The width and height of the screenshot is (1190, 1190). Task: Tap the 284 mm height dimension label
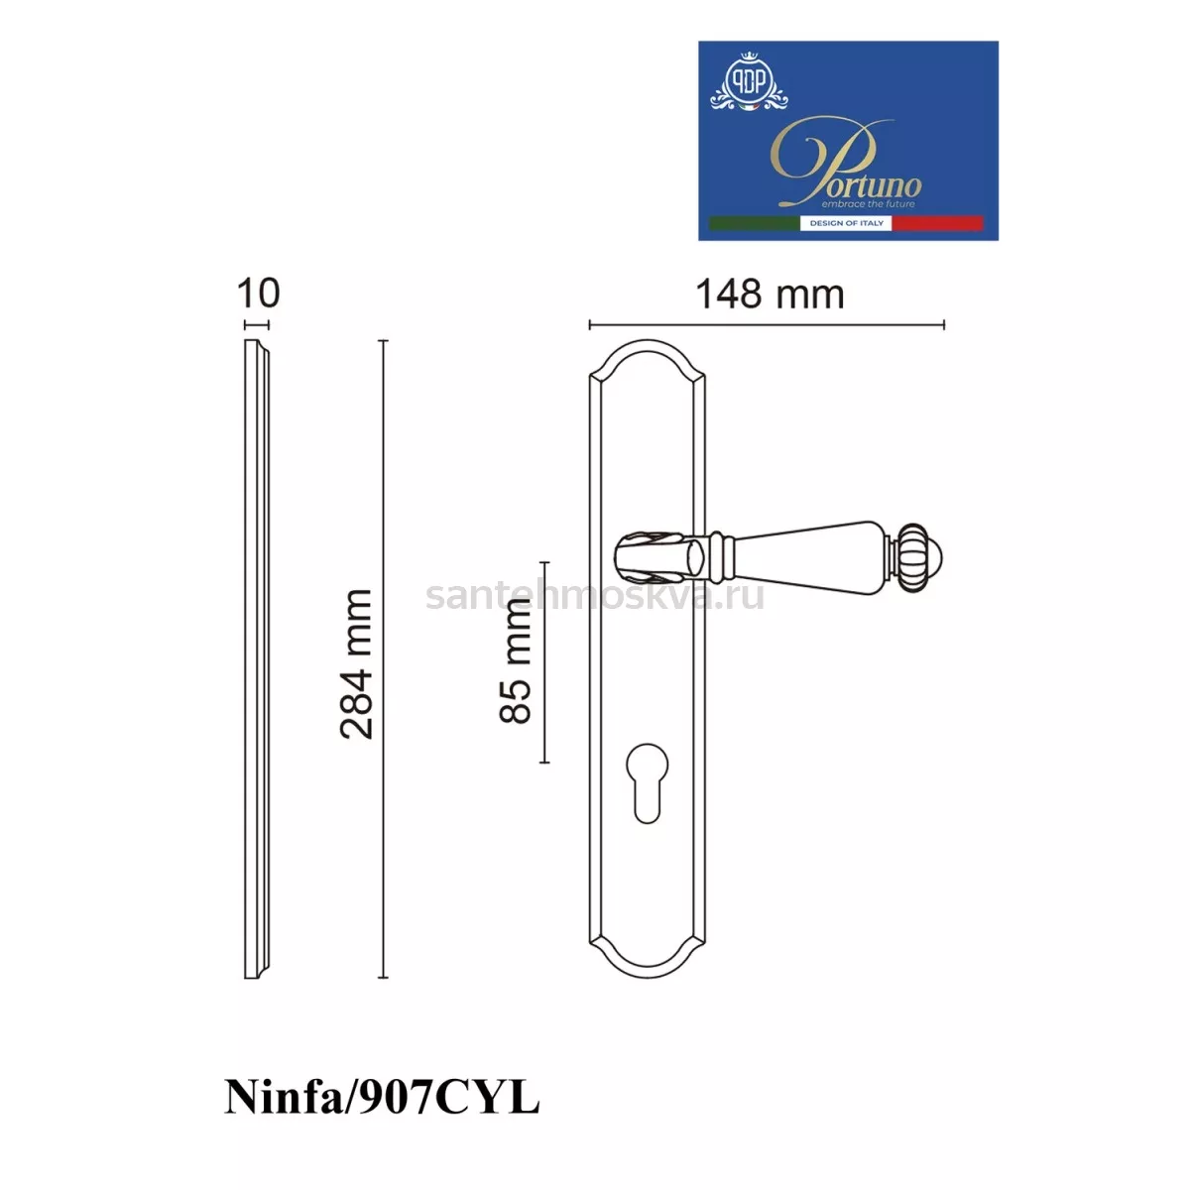[x=357, y=663]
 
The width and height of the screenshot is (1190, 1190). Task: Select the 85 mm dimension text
[x=515, y=661]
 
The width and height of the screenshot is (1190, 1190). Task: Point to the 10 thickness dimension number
[x=258, y=293]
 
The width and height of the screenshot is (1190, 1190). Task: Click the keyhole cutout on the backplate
[x=647, y=783]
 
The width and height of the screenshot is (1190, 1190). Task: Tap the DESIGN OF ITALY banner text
[x=846, y=223]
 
